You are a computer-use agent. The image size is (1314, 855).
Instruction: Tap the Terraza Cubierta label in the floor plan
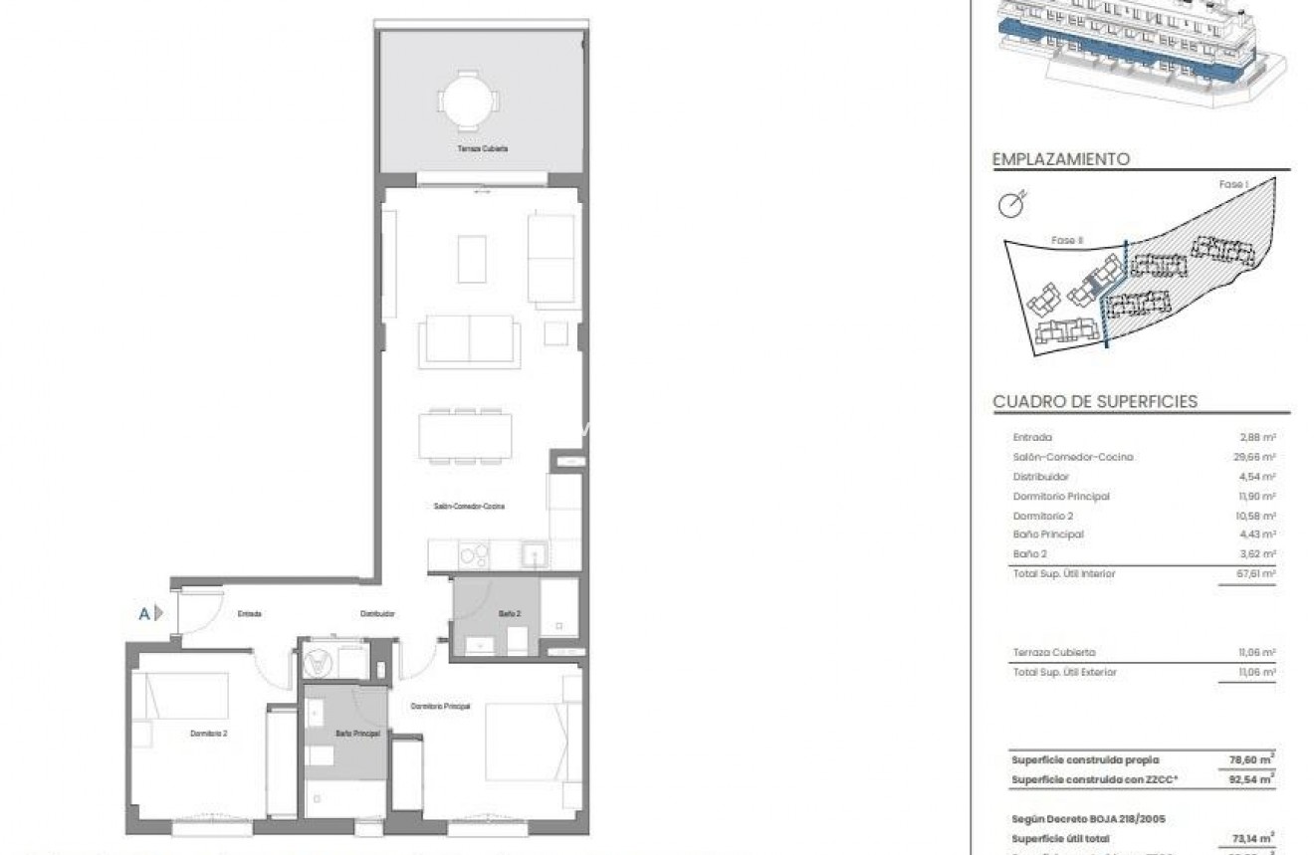point(484,148)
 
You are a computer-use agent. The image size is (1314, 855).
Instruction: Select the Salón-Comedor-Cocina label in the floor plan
point(469,507)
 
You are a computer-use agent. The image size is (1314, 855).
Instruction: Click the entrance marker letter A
point(144,614)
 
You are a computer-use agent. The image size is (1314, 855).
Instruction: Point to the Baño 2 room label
point(510,614)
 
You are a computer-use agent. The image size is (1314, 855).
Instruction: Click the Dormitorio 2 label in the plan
point(210,735)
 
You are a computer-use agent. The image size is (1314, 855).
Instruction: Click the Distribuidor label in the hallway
point(378,614)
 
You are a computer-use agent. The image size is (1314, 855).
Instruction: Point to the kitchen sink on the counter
point(534,553)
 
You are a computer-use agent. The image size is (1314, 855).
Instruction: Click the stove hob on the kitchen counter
point(472,554)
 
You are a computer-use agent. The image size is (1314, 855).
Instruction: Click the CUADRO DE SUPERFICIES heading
point(1095,402)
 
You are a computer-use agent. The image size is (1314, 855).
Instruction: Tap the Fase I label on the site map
point(1232,185)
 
